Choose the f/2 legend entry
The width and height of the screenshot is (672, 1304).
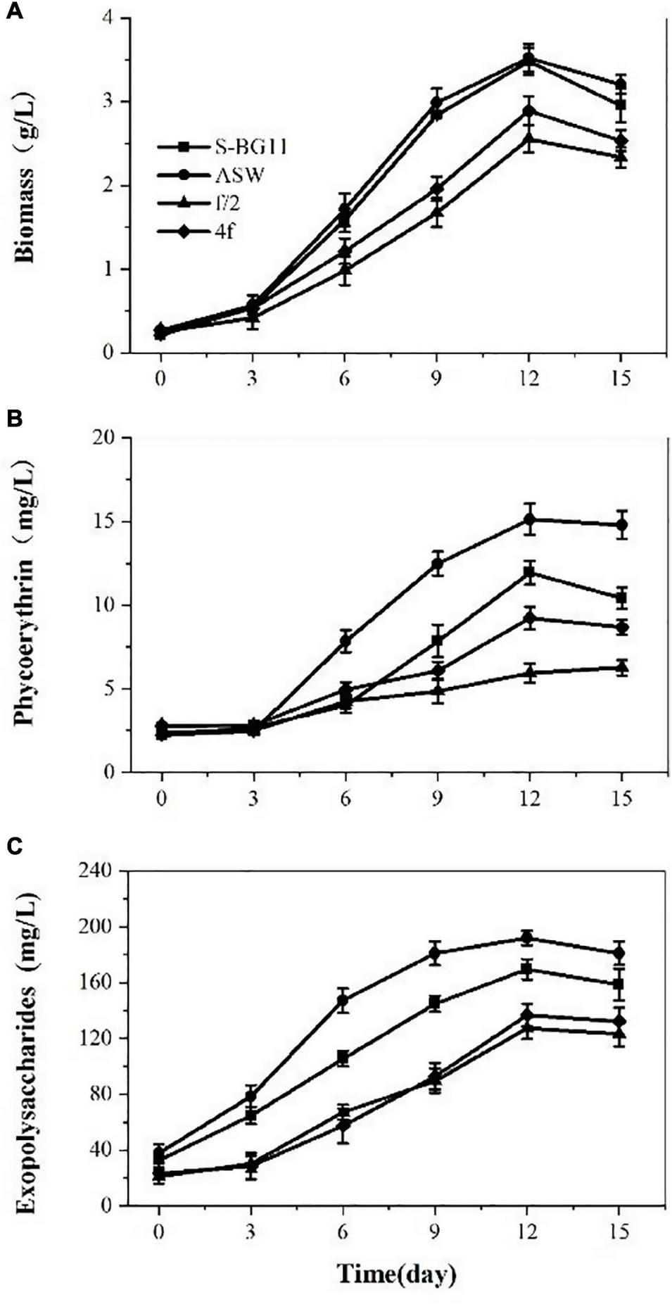pos(204,203)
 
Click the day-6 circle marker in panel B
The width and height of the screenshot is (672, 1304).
pos(345,640)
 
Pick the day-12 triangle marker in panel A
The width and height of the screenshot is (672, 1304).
pos(529,139)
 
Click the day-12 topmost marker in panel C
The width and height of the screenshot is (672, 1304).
pos(529,937)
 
